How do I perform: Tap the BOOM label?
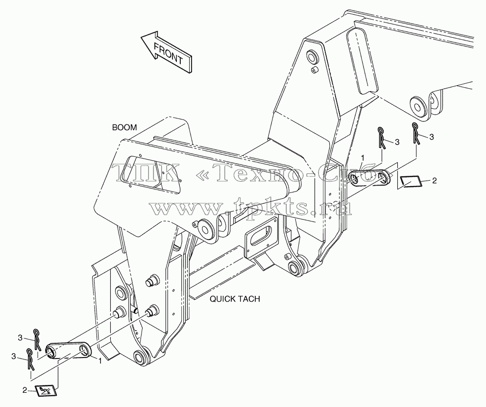(x=124, y=128)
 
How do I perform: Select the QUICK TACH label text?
(x=235, y=299)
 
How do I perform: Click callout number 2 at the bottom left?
(x=25, y=390)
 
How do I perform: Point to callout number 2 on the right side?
(x=434, y=181)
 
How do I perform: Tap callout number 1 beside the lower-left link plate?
(x=100, y=361)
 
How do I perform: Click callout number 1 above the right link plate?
(x=363, y=158)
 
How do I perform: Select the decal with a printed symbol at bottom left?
(x=46, y=390)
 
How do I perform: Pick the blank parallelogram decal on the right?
(x=411, y=182)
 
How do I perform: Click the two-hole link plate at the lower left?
(x=69, y=351)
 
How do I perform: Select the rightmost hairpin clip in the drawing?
(x=416, y=133)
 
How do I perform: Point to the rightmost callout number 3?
(x=431, y=137)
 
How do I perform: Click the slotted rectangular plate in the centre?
(x=261, y=236)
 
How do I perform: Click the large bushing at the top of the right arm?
(x=312, y=57)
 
